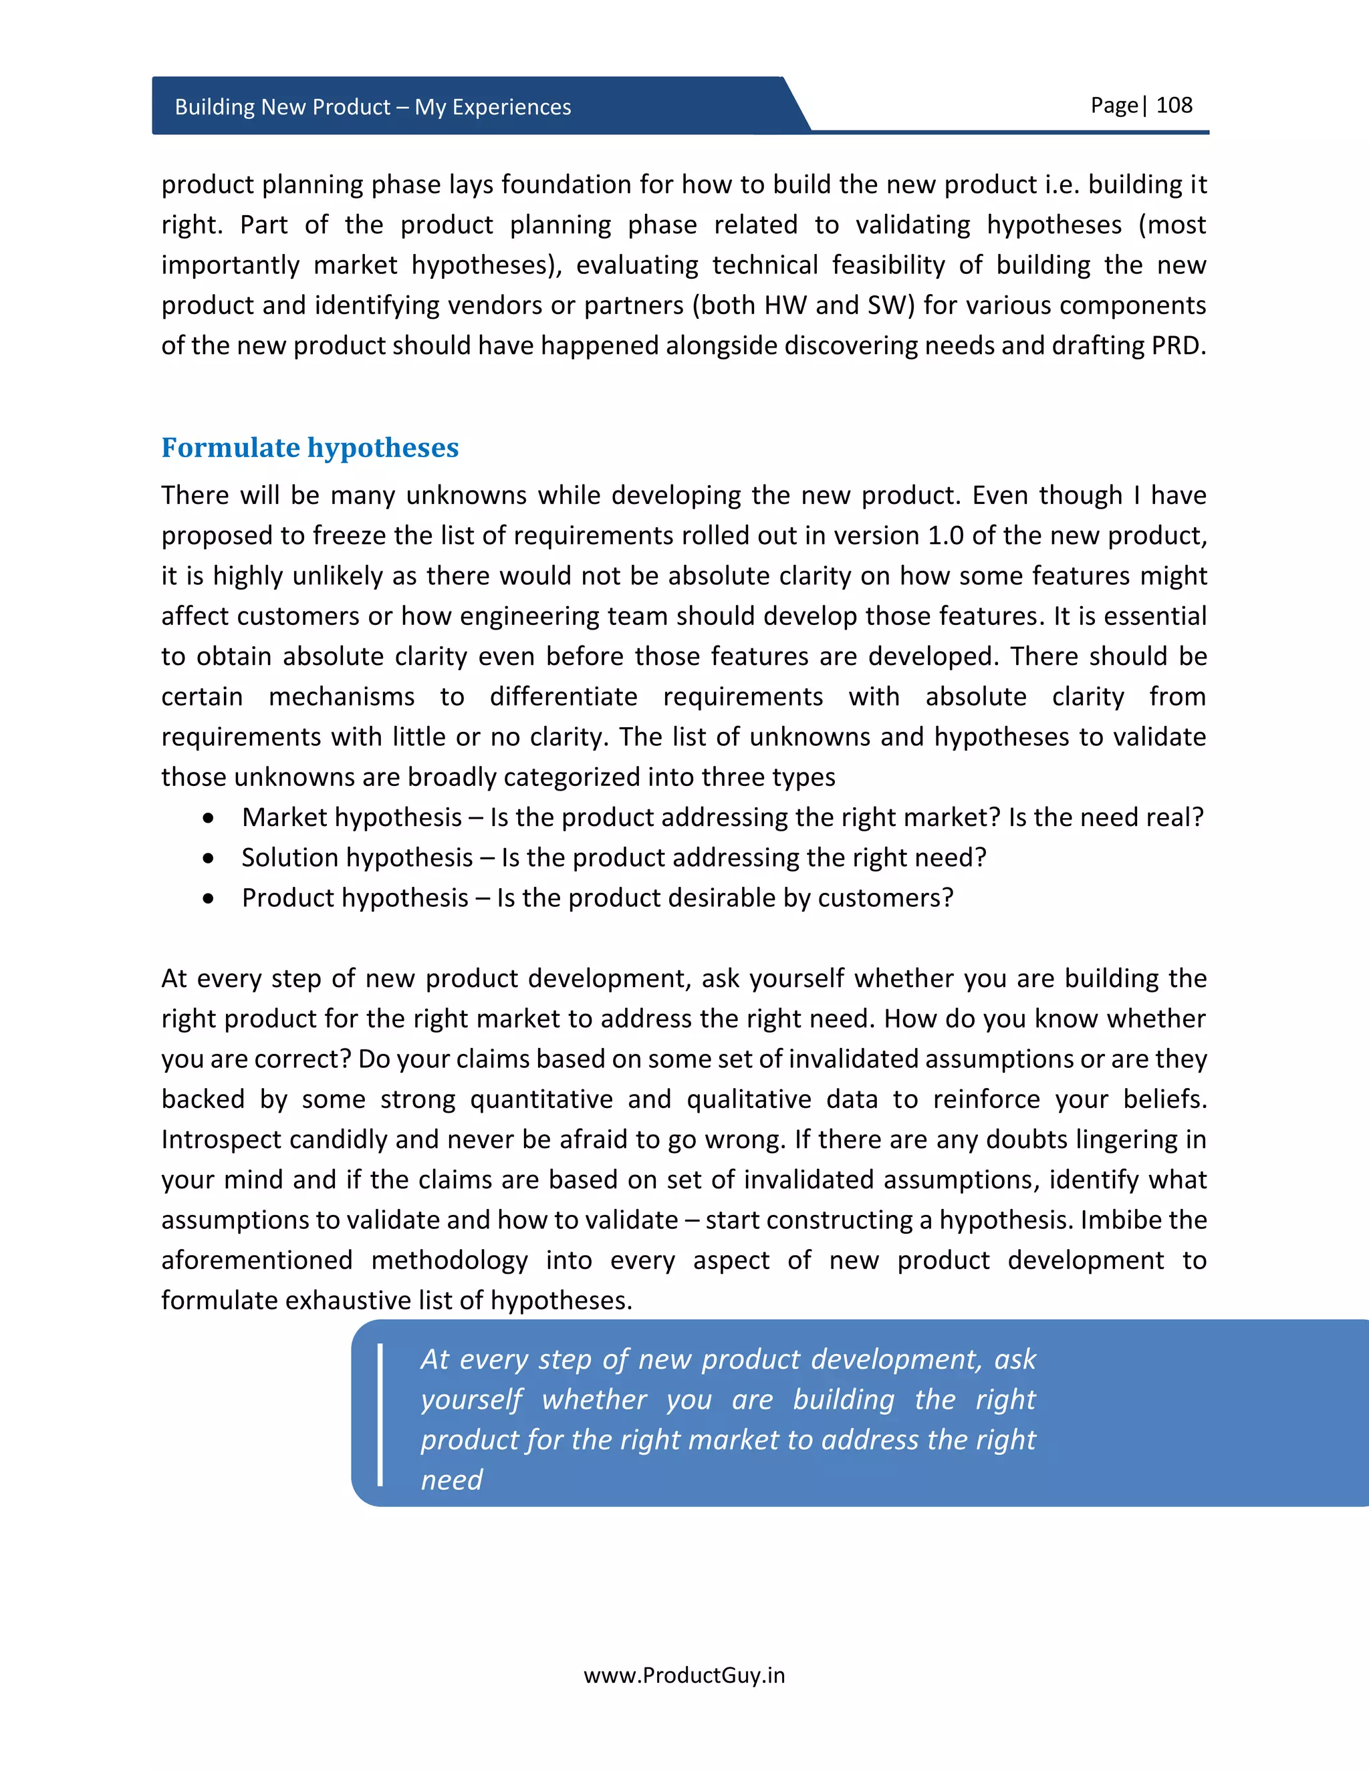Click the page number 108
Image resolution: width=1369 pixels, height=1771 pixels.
click(1174, 106)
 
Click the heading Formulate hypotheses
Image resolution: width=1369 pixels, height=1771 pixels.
click(309, 448)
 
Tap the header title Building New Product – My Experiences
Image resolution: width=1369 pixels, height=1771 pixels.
click(372, 107)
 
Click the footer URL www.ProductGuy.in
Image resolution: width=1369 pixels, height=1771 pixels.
click(684, 1675)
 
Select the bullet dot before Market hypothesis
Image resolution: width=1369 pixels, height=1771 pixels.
click(209, 818)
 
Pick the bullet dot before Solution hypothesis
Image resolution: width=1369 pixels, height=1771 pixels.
click(209, 858)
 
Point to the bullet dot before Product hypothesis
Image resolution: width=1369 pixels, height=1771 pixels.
click(209, 898)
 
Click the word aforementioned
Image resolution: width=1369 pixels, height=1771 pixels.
click(256, 1260)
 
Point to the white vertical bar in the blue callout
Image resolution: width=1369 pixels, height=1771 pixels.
click(380, 1415)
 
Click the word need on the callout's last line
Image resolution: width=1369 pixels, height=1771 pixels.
click(452, 1480)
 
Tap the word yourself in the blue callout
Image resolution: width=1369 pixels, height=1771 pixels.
click(471, 1399)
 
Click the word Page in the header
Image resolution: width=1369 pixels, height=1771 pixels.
click(1114, 106)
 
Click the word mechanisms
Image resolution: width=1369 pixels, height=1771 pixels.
click(341, 696)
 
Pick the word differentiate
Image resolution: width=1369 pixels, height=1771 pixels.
click(564, 696)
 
